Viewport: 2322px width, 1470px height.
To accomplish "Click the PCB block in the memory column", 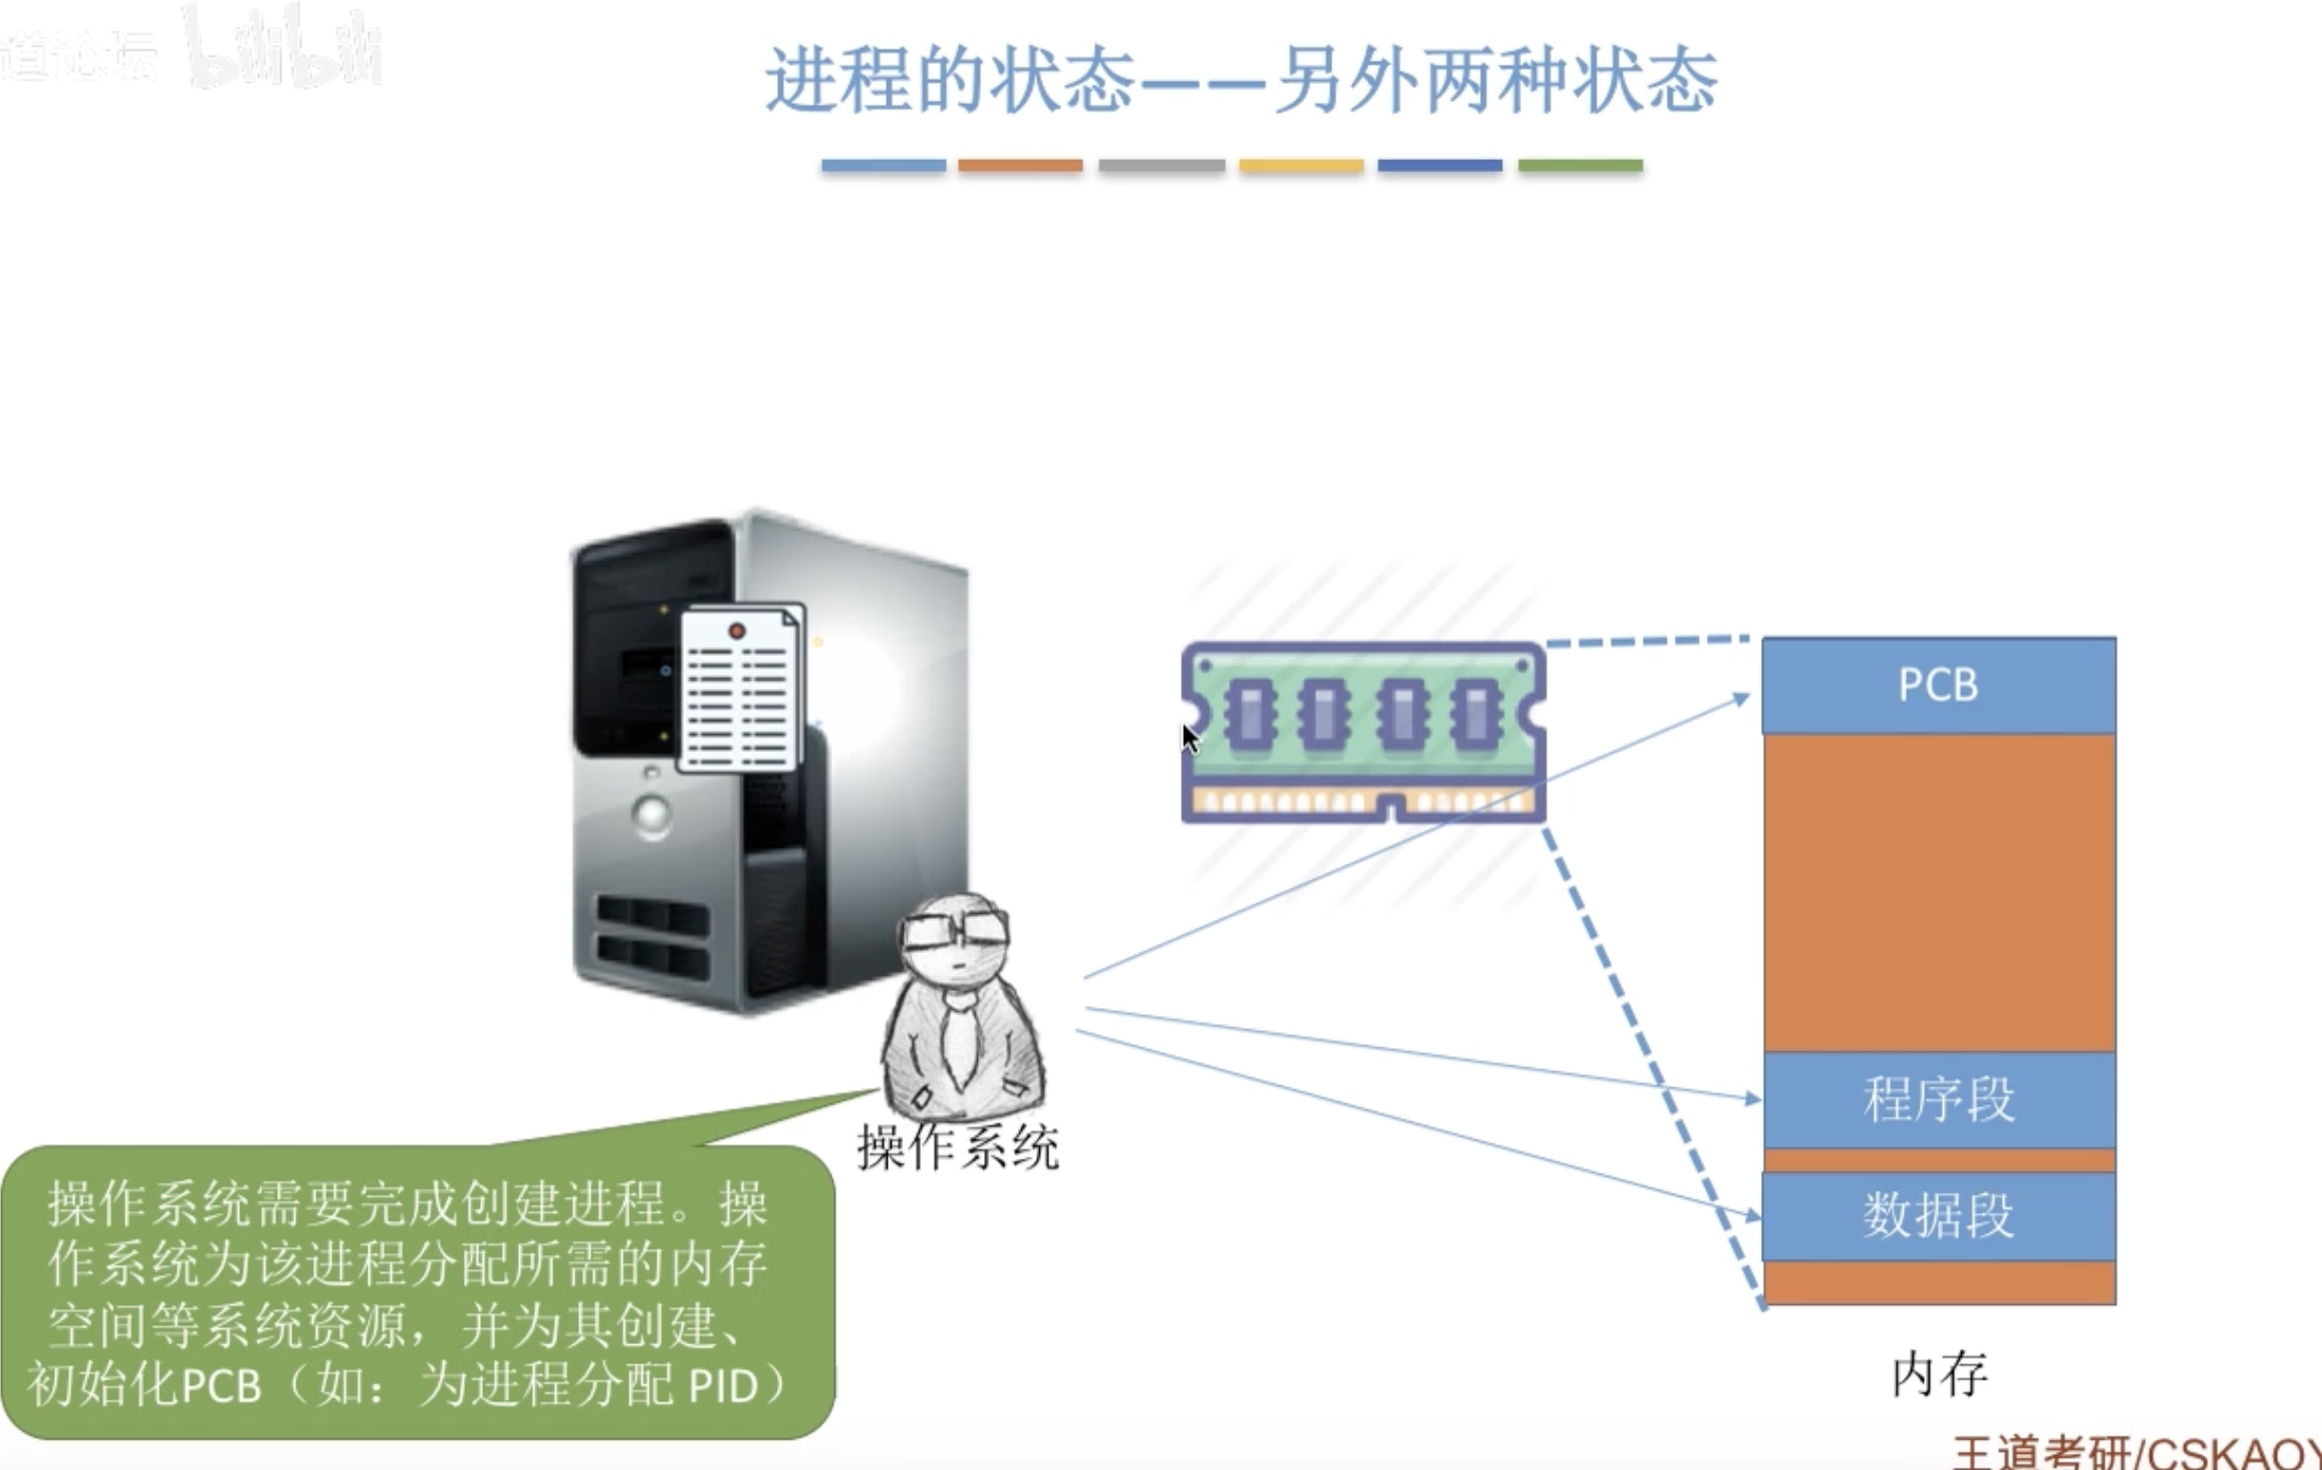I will click(1938, 685).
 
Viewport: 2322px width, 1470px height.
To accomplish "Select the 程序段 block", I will click(1938, 1100).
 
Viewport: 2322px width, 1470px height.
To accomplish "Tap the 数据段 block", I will click(1938, 1216).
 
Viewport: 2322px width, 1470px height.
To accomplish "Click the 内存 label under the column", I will click(1939, 1374).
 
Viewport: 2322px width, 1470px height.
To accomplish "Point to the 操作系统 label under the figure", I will click(957, 1148).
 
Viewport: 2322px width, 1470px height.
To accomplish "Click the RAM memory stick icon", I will click(1364, 732).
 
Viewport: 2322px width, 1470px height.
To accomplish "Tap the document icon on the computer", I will click(741, 688).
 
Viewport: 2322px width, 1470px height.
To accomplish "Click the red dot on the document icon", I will click(737, 631).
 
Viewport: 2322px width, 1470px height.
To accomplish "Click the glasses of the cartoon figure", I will click(954, 929).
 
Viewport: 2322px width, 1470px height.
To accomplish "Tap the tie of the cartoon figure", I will click(959, 1041).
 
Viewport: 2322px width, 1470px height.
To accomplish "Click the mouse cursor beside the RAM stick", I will click(1191, 740).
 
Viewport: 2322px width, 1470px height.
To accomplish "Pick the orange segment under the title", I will click(1020, 166).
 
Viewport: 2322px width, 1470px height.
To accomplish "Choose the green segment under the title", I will click(1579, 166).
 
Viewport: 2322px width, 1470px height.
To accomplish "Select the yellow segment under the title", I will click(1301, 166).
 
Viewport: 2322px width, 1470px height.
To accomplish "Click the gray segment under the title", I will click(1161, 166).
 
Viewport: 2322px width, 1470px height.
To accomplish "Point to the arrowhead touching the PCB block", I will click(1743, 697).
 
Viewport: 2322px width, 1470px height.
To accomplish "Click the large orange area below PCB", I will click(1938, 892).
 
